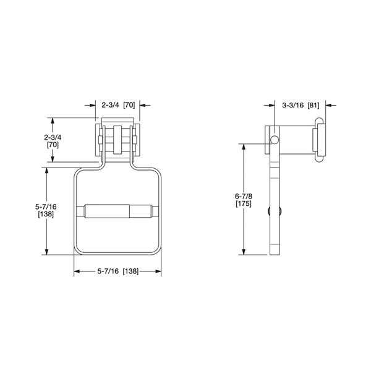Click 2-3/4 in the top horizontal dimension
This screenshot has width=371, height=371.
(111, 105)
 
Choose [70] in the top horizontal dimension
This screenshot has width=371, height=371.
(129, 105)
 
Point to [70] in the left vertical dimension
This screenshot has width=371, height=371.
(53, 144)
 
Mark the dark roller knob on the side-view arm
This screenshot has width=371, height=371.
(274, 213)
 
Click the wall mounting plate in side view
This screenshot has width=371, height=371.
(318, 140)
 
